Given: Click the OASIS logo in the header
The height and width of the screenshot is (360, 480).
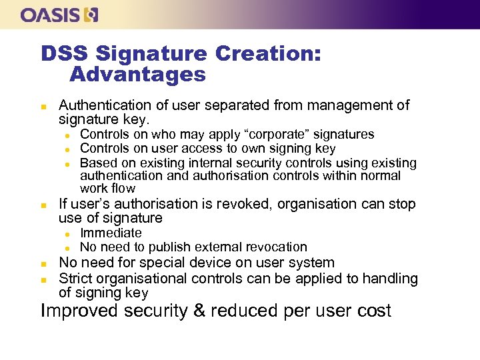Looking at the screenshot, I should (x=59, y=15).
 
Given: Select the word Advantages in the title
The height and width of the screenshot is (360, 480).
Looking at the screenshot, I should (x=137, y=74).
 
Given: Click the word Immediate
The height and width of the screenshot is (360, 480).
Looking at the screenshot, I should (x=111, y=233).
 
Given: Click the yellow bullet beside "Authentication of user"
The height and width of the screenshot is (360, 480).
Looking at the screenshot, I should (x=43, y=106).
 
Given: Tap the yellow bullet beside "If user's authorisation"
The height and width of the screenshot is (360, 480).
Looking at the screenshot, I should (x=43, y=205).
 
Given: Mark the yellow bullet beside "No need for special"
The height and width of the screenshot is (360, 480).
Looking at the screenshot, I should (x=43, y=263).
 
